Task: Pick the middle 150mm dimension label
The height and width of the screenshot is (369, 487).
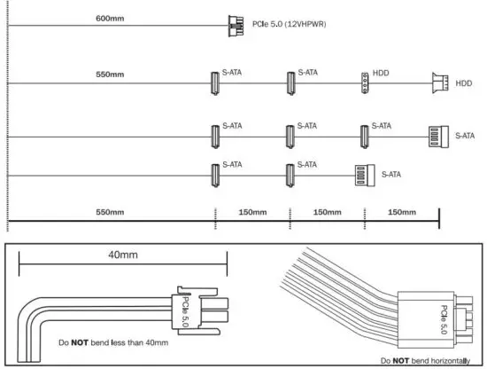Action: (x=327, y=212)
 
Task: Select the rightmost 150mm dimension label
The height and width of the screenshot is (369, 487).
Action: (x=402, y=212)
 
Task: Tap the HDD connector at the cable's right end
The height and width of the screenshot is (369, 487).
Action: (x=439, y=83)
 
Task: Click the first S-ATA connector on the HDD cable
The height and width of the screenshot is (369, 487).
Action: (x=214, y=82)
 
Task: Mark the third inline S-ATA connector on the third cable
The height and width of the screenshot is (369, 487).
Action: (x=364, y=137)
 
